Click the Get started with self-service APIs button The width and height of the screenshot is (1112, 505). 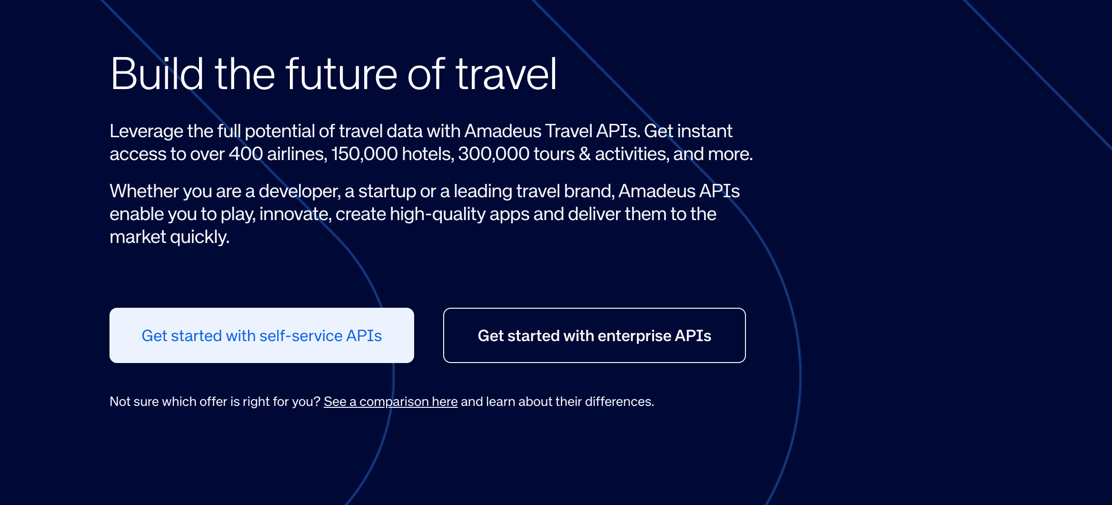(262, 335)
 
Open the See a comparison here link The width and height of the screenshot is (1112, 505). (391, 402)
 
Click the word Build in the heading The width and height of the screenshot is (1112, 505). (157, 74)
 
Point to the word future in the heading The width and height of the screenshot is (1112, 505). (341, 74)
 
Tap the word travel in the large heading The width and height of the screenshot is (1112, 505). (506, 74)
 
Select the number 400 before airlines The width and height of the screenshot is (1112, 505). (246, 154)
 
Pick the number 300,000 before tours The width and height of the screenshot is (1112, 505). (494, 154)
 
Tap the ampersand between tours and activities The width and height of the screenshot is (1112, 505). (585, 154)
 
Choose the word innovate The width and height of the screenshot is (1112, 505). (295, 214)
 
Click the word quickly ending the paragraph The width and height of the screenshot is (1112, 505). (200, 237)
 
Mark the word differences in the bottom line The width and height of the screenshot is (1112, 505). (619, 402)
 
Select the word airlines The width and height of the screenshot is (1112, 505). (297, 154)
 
